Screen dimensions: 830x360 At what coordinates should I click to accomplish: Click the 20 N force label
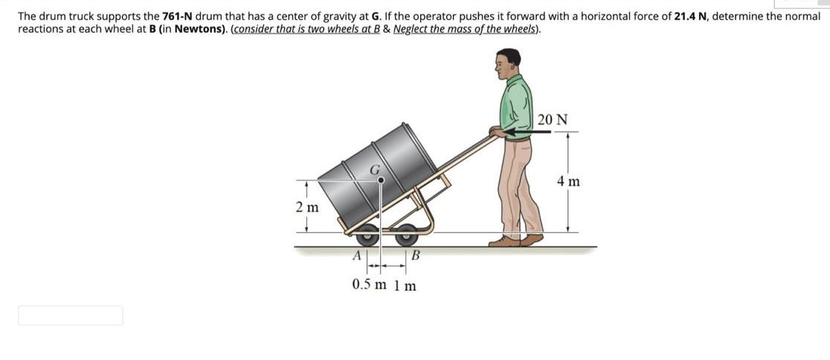click(x=553, y=119)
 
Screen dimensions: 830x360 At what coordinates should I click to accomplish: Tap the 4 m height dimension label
click(x=569, y=181)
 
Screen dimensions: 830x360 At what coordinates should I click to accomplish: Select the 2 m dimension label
click(x=306, y=208)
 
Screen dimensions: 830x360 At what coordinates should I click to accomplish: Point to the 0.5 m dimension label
click(x=370, y=285)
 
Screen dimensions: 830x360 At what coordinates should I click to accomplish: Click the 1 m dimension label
click(x=405, y=285)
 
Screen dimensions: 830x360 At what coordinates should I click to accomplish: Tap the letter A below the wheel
click(x=356, y=255)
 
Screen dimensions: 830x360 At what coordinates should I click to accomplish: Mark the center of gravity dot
click(x=380, y=179)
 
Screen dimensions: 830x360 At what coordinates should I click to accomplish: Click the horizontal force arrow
click(x=528, y=131)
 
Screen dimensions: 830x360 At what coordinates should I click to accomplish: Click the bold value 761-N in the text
click(x=179, y=16)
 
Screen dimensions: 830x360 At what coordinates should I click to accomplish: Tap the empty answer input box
click(x=71, y=315)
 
